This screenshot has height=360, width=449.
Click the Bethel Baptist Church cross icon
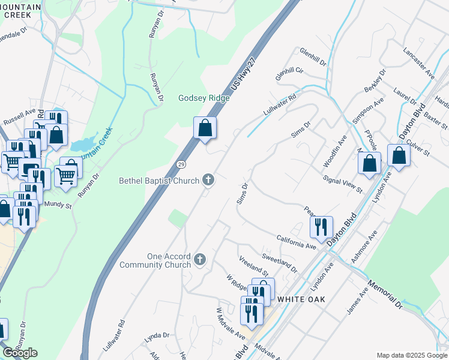208,179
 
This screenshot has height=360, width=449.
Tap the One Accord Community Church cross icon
200,260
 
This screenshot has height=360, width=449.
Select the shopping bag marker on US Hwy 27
205,128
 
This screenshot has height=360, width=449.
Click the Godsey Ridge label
204,98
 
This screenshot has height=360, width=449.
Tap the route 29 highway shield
180,164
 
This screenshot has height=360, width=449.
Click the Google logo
20,353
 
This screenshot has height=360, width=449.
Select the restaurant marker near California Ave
321,226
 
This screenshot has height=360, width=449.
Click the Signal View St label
343,184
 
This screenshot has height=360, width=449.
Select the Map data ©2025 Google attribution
412,355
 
